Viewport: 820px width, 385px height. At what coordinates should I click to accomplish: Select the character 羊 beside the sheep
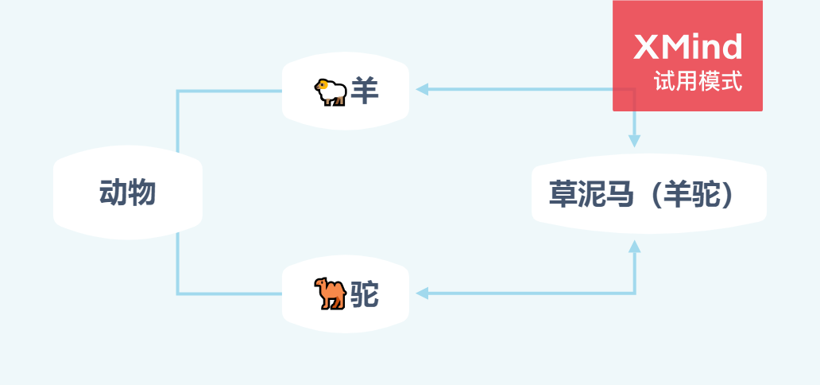(x=366, y=91)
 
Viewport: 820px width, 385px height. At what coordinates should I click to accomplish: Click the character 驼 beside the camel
(x=366, y=295)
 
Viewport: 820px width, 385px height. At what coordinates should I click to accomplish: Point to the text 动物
(x=127, y=193)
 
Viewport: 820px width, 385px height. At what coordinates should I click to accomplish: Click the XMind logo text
(x=688, y=48)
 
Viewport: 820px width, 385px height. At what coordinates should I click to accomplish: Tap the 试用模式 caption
(x=698, y=82)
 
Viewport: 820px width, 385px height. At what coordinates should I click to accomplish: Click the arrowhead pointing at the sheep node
(x=423, y=89)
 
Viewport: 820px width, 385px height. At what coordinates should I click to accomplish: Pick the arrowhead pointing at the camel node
(x=423, y=294)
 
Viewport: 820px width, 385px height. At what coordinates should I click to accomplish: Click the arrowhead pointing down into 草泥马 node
(x=634, y=141)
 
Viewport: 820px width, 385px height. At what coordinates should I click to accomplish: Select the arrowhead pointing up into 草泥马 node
(x=634, y=247)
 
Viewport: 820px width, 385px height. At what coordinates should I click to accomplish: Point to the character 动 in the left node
(x=113, y=193)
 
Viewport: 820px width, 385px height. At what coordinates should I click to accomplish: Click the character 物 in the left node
(x=141, y=193)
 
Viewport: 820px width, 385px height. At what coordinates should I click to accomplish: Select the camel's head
(x=320, y=284)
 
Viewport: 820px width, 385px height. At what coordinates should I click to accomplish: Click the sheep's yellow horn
(x=322, y=84)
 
